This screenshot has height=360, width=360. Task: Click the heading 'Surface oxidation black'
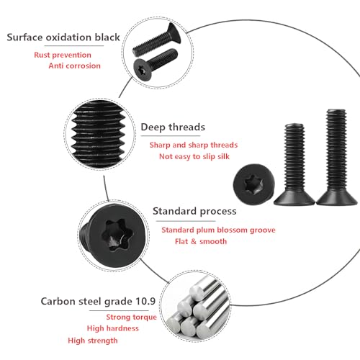pos(63,37)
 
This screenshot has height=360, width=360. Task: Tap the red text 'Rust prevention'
pos(63,55)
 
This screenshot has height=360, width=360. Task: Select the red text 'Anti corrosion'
pos(74,66)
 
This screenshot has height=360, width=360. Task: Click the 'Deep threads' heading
pos(173,127)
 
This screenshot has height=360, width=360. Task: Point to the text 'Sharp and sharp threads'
pos(194,145)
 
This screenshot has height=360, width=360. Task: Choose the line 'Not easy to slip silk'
pos(194,156)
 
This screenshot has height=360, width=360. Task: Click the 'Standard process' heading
pos(194,211)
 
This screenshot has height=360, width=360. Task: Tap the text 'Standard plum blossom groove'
pos(218,230)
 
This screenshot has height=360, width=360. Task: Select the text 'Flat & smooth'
pos(201,241)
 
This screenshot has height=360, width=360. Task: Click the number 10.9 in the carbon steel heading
pos(145,301)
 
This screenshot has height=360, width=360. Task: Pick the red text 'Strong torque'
pos(132,317)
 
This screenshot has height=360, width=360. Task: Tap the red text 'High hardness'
pos(113,328)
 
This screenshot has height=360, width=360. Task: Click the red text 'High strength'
pos(93,341)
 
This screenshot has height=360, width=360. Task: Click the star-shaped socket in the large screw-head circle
pos(117,235)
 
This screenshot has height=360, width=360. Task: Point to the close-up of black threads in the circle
pos(99,134)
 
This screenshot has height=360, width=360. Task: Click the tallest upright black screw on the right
pos(337,157)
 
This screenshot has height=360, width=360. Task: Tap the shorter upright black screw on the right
pos(294,164)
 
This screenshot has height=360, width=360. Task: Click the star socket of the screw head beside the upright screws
pos(253,184)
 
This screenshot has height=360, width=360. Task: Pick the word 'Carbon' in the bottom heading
pos(58,301)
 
